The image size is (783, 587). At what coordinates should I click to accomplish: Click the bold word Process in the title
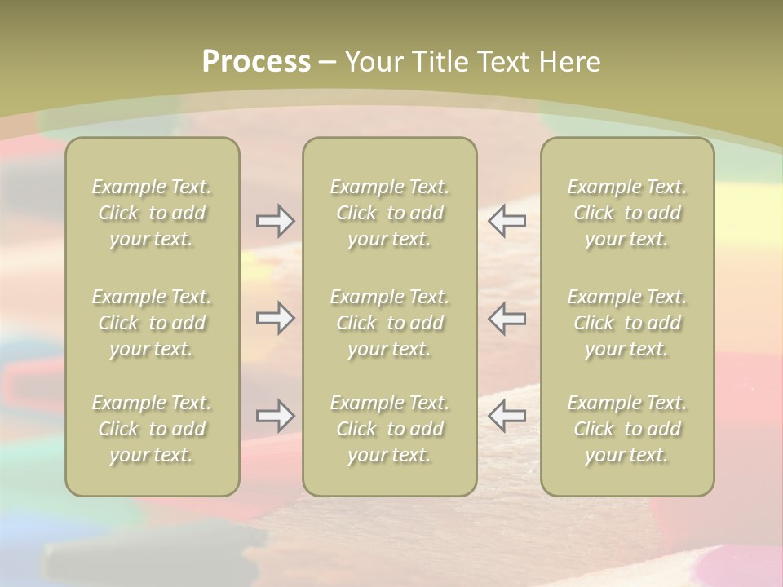(x=256, y=62)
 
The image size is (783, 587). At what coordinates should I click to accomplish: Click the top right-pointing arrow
(x=275, y=221)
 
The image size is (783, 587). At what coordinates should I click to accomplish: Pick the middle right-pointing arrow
(x=275, y=318)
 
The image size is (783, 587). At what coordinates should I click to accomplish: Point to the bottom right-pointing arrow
(x=275, y=416)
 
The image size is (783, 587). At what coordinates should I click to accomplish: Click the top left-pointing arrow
(x=507, y=221)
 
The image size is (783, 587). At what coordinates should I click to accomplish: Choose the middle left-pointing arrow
(x=507, y=318)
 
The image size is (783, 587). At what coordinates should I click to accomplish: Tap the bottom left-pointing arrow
(x=507, y=416)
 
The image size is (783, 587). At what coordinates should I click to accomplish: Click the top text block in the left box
(x=152, y=213)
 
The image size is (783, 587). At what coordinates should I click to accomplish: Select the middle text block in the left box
(x=152, y=323)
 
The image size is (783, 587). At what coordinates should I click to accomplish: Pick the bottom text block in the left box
(x=152, y=429)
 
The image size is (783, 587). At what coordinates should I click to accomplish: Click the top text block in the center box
(x=390, y=213)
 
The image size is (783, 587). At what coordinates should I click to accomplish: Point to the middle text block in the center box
(x=390, y=323)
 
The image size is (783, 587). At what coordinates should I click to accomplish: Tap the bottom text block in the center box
(x=390, y=429)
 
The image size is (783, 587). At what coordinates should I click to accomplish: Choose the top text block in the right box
(x=627, y=213)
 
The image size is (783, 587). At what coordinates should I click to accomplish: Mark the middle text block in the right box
(x=627, y=323)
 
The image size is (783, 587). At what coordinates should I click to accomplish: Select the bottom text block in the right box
(x=627, y=429)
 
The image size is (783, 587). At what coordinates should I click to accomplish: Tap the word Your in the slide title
(x=373, y=62)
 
